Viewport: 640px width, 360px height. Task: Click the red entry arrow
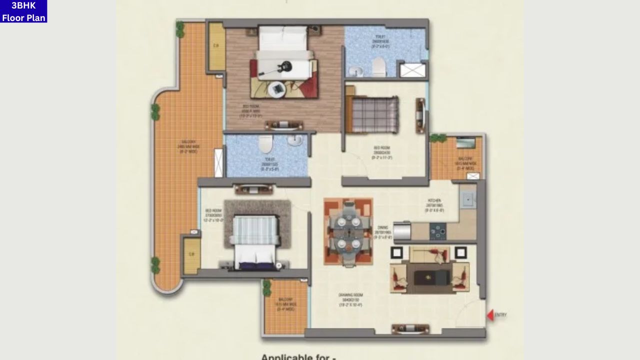point(490,315)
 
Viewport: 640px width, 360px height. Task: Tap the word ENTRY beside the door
point(500,315)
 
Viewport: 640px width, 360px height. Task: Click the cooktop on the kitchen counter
point(438,231)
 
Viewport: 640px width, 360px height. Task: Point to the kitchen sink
point(468,200)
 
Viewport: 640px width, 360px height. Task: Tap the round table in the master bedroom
point(276,89)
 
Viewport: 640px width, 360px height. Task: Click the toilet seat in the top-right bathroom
point(379,66)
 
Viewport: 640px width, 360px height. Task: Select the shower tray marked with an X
point(413,70)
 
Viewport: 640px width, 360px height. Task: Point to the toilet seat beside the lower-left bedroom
point(265,144)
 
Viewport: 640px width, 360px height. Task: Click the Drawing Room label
point(350,299)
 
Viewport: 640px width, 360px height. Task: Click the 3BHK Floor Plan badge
point(23,11)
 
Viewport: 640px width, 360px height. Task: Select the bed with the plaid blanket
point(372,115)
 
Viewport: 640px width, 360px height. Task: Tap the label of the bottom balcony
point(286,306)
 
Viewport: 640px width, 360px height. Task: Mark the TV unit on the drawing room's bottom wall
point(410,328)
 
